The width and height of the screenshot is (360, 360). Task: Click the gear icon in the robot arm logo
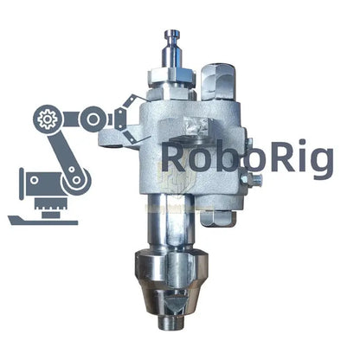tap(48, 119)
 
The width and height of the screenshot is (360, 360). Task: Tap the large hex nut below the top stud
tap(171, 76)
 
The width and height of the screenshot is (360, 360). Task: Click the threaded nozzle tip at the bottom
tap(171, 323)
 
